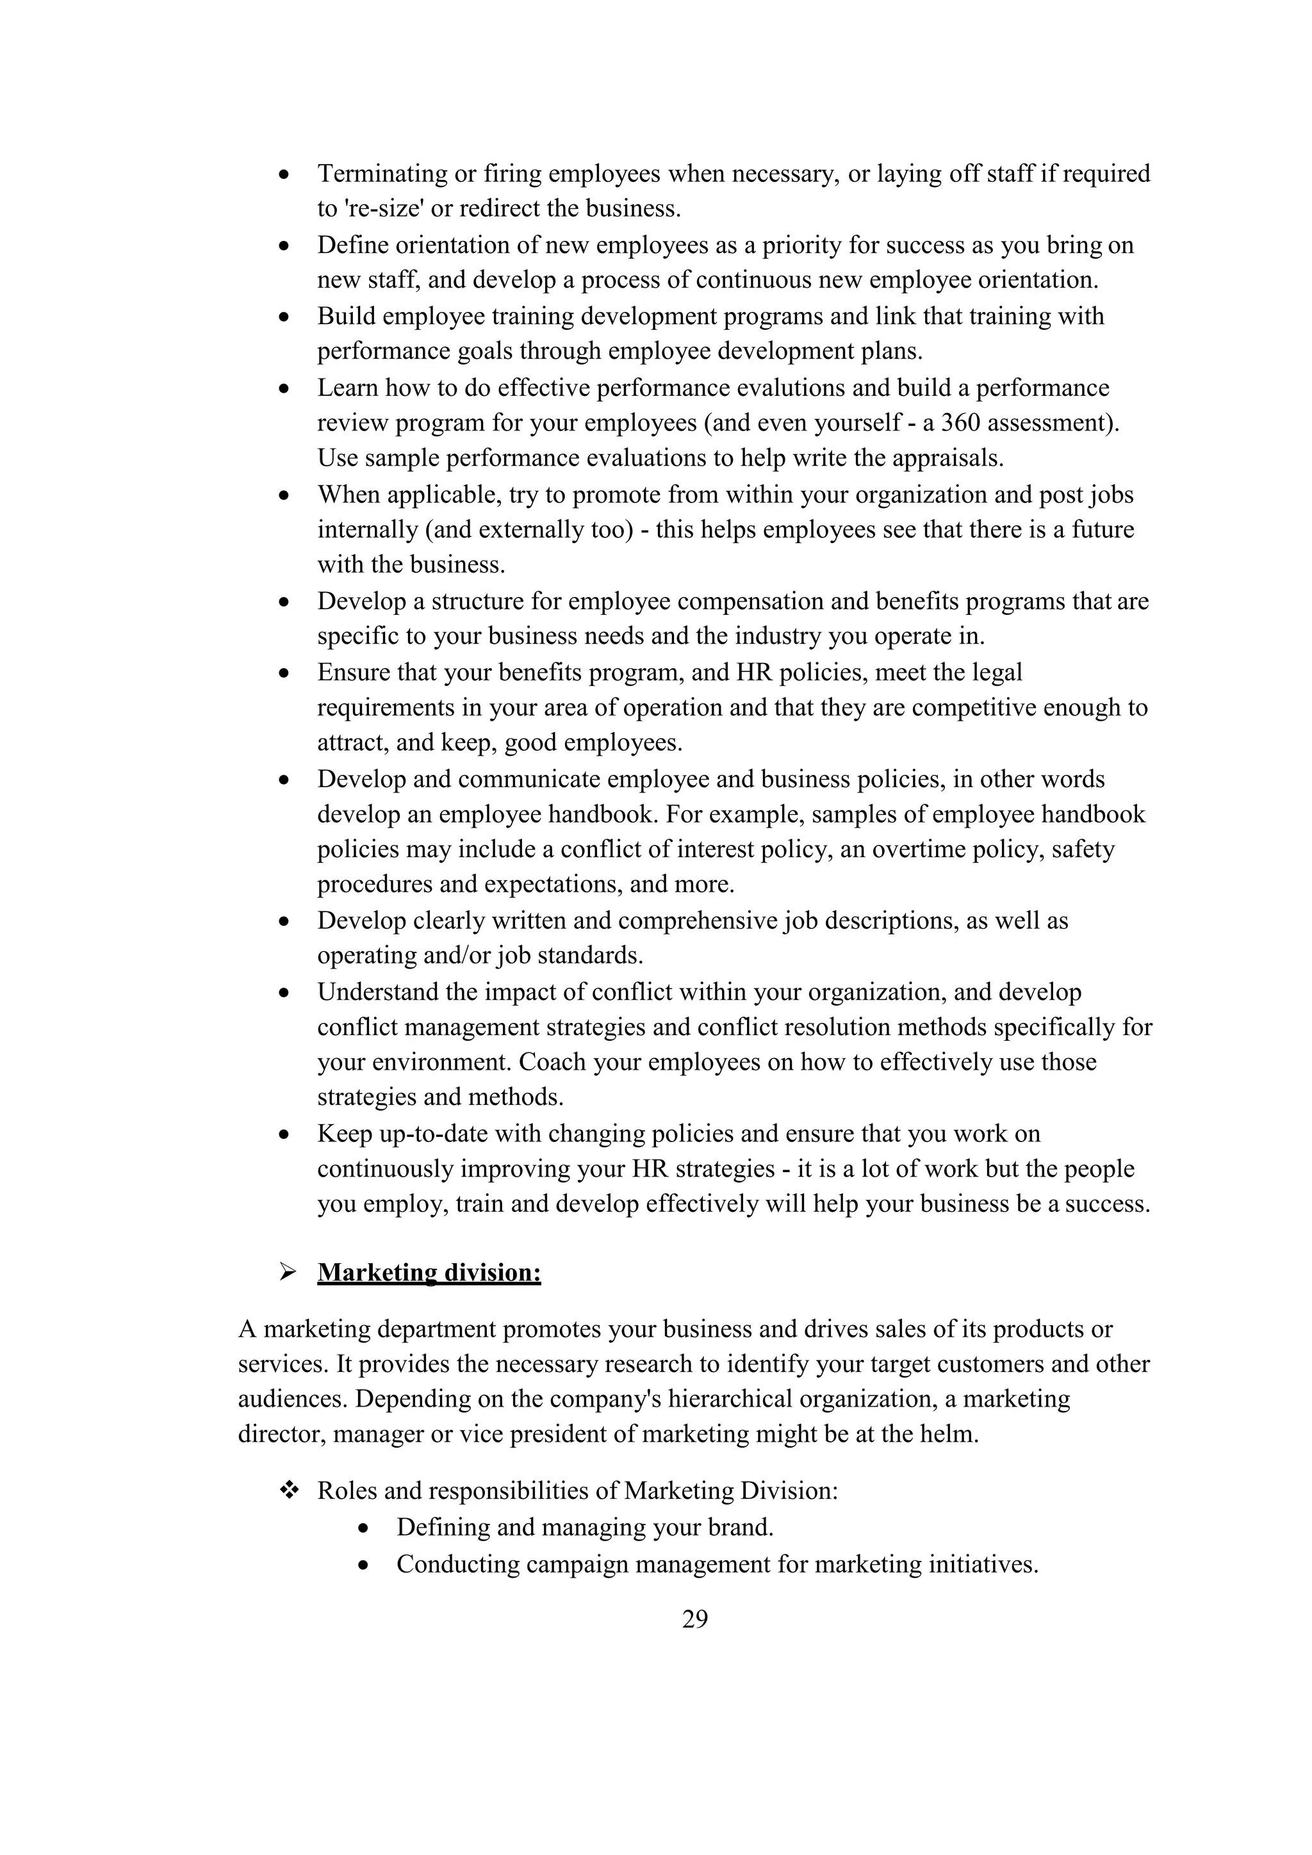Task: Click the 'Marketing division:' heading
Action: coord(429,1273)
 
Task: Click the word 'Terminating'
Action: coord(382,173)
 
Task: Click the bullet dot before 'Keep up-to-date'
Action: coord(284,1135)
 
